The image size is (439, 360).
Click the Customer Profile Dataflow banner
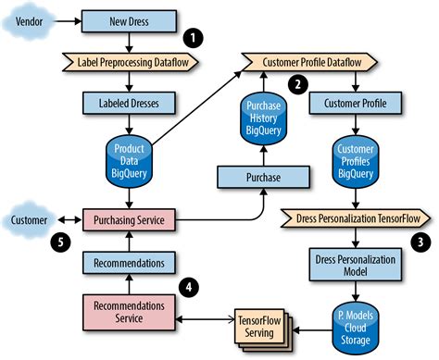pos(309,61)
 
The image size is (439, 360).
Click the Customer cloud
pos(31,220)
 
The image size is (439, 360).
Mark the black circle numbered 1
pos(194,38)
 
